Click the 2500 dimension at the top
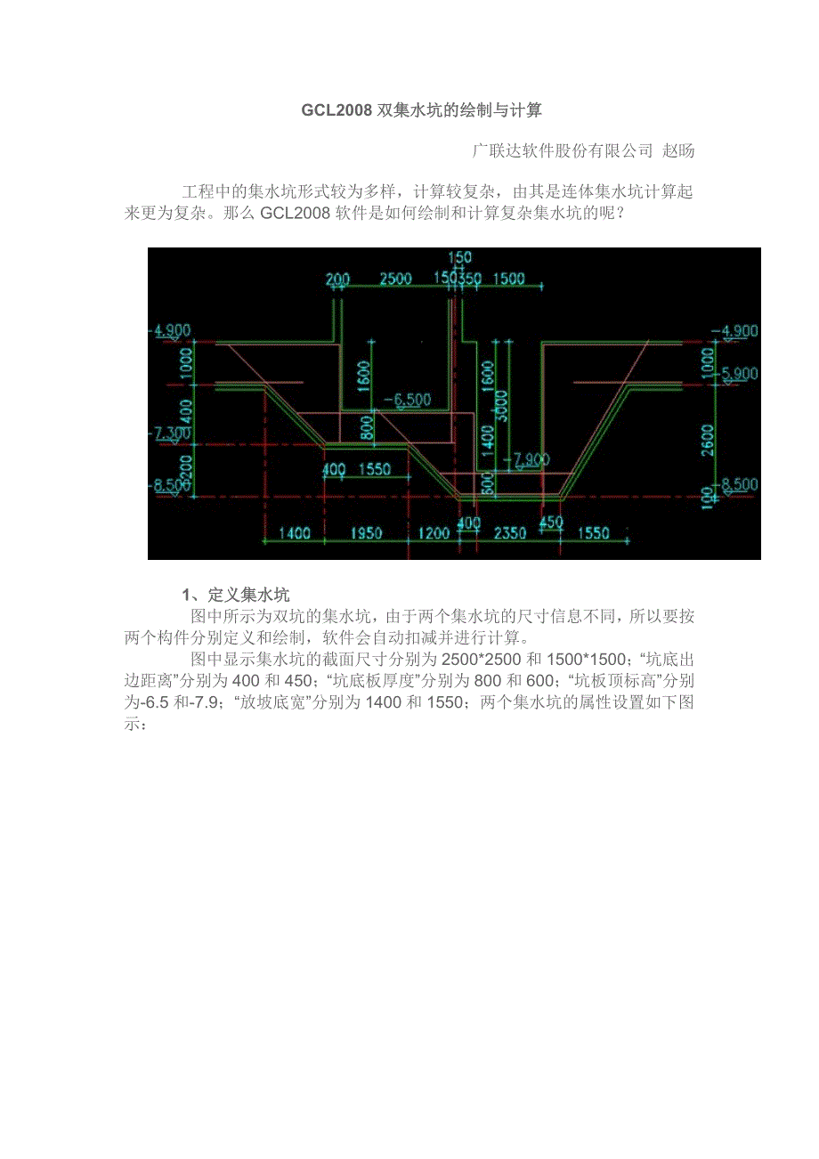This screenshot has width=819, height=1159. coord(396,279)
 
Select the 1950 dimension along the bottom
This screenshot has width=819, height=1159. coord(366,533)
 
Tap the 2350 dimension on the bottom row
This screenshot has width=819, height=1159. coord(510,533)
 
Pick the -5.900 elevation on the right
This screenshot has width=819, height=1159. coord(738,373)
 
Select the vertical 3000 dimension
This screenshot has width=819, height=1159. coord(501,406)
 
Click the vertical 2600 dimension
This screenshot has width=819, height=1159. coord(707,440)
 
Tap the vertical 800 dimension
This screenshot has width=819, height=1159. coord(366,428)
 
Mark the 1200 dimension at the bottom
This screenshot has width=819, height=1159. coord(434,533)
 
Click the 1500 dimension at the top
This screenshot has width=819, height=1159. coord(508,279)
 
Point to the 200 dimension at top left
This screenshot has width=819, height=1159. coord(338,280)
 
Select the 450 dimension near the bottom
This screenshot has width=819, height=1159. coord(551,522)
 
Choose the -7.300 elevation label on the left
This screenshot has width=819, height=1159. coord(170,434)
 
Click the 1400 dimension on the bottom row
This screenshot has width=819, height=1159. coord(295,533)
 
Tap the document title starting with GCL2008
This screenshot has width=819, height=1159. coord(422,110)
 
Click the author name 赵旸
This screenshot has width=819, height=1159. coord(678,150)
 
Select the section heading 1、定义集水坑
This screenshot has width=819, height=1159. coord(235,595)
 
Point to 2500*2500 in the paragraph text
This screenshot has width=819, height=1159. coord(481,660)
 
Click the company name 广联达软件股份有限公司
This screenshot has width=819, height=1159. coord(563,150)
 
